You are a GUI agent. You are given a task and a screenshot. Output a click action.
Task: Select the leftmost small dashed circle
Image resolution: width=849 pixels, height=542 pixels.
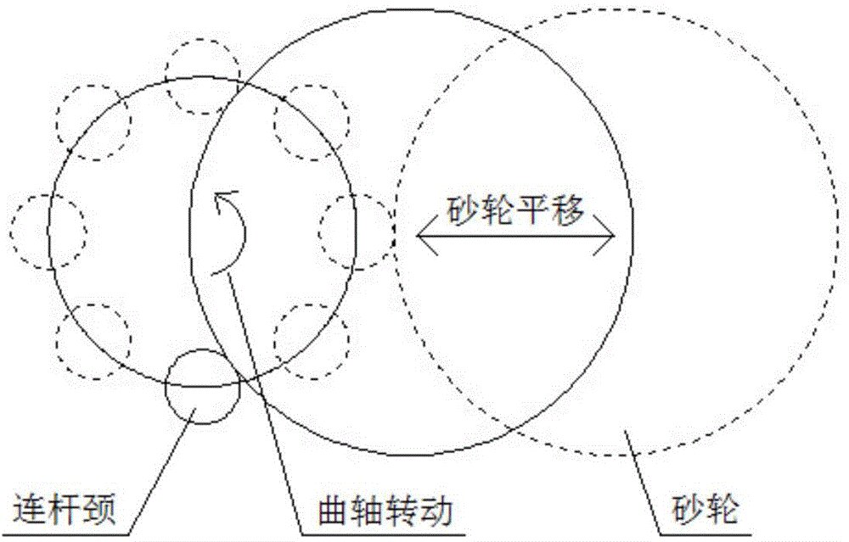[49, 230]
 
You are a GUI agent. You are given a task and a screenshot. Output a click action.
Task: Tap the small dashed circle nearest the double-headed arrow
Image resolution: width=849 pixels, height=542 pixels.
[357, 230]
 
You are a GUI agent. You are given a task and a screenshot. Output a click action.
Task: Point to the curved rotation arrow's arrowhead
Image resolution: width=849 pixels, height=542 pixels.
[222, 199]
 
